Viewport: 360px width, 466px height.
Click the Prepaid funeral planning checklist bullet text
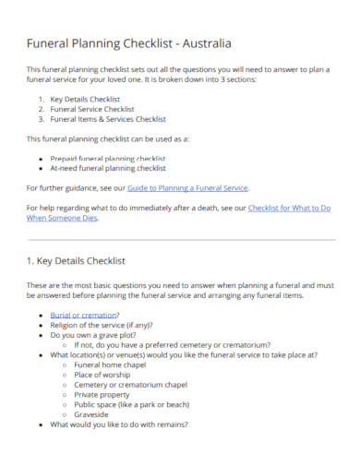click(107, 158)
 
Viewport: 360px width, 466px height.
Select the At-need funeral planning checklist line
click(107, 168)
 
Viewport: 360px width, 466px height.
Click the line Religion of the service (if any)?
click(102, 325)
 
